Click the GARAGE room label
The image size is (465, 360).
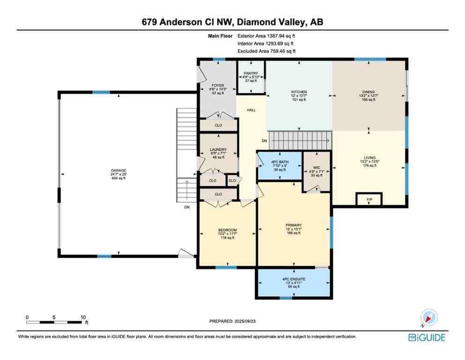[x=118, y=171]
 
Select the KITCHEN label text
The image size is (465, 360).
[x=299, y=92]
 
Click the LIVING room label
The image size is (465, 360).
[x=369, y=157]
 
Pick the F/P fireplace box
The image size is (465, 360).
[x=369, y=199]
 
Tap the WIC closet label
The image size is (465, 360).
[x=316, y=167]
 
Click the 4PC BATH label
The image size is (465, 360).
[x=280, y=162]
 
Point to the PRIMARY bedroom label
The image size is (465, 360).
[x=294, y=225]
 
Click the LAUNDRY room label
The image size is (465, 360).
[x=218, y=150]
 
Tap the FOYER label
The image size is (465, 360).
[x=216, y=85]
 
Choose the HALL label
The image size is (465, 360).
[x=251, y=111]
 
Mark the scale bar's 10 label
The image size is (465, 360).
[x=83, y=317]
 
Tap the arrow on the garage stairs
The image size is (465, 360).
[x=187, y=184]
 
